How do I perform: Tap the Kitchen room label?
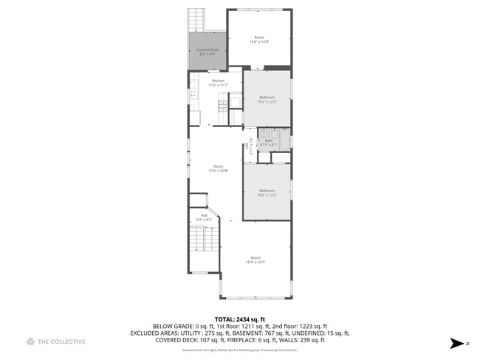pyautogui.click(x=218, y=81)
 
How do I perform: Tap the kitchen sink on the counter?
pyautogui.click(x=193, y=95)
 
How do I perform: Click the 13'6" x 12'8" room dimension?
pyautogui.click(x=259, y=42)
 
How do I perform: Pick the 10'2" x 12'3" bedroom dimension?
pyautogui.click(x=267, y=101)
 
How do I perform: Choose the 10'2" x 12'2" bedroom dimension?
pyautogui.click(x=267, y=195)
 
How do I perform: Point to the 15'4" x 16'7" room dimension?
pyautogui.click(x=255, y=262)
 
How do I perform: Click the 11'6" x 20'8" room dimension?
pyautogui.click(x=218, y=171)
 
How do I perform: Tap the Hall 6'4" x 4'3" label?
pyautogui.click(x=204, y=219)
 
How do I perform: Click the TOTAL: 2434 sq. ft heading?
pyautogui.click(x=239, y=319)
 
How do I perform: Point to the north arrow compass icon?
pyautogui.click(x=458, y=344)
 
